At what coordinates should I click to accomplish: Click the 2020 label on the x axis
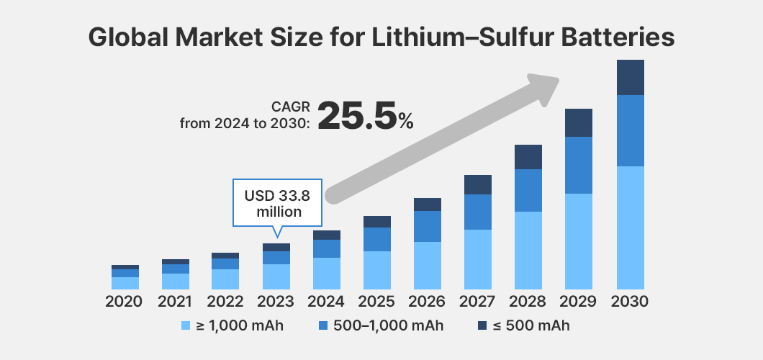click(x=125, y=301)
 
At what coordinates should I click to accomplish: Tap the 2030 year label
click(x=630, y=301)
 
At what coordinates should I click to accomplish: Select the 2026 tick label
click(x=428, y=301)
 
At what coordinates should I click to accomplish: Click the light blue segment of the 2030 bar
click(x=630, y=227)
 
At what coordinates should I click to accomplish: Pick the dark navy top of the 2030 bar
click(x=630, y=77)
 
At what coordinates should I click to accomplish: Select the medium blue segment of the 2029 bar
click(x=579, y=165)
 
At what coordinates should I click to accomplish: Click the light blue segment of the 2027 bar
click(x=478, y=259)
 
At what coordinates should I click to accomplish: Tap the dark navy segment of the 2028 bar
click(x=528, y=157)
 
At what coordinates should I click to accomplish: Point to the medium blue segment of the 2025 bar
click(x=377, y=239)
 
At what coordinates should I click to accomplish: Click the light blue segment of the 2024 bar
click(x=327, y=273)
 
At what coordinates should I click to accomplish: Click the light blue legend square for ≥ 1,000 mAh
click(x=186, y=326)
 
